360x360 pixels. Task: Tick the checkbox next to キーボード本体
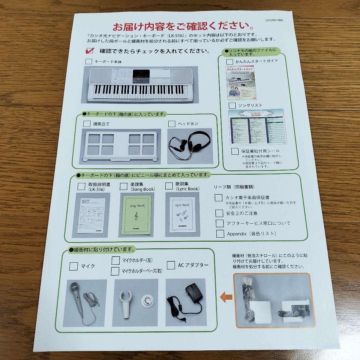(89, 62)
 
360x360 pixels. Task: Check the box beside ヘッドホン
(172, 124)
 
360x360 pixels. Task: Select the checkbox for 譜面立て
(87, 124)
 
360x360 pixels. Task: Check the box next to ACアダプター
(171, 265)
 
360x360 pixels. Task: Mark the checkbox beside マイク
(74, 266)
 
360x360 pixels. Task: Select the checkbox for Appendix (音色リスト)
(220, 234)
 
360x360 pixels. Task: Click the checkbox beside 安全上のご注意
(219, 213)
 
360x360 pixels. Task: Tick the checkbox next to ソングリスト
(232, 105)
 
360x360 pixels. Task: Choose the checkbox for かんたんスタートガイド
(230, 61)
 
